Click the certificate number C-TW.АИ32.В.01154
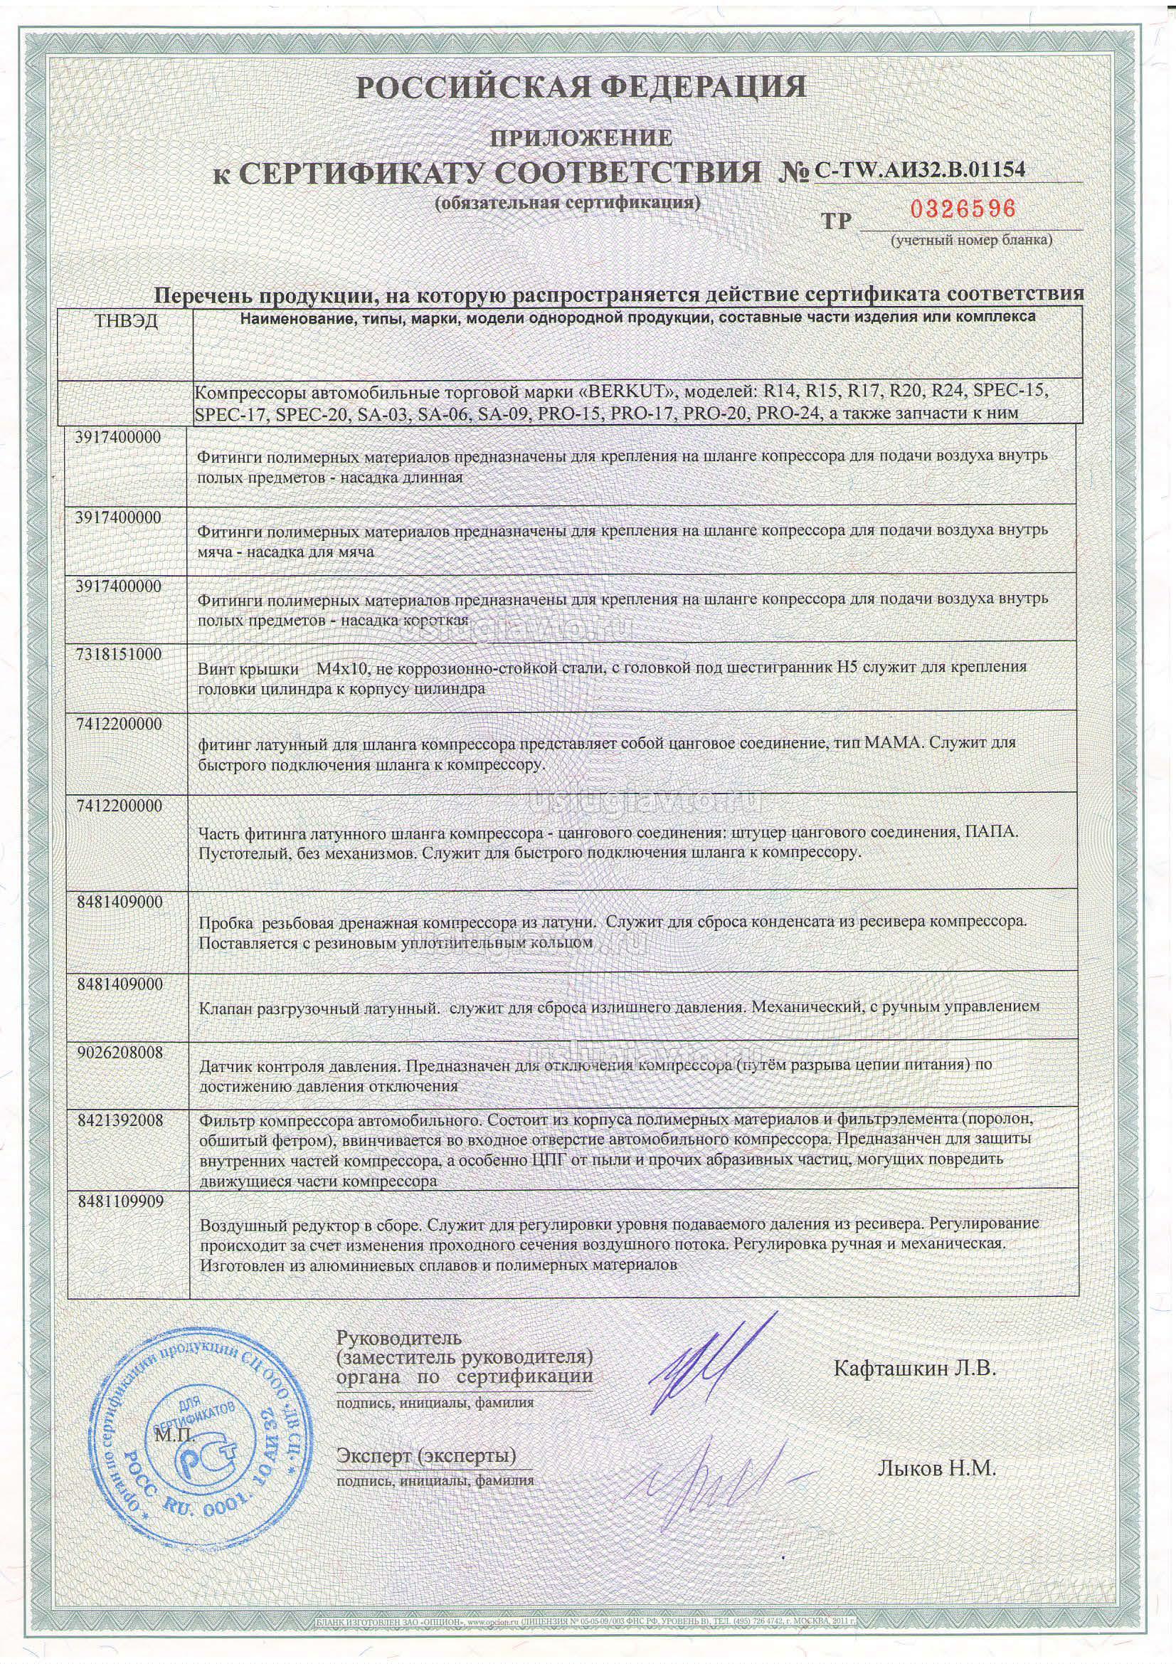coord(920,169)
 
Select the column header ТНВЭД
coord(126,321)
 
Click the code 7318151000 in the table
coord(119,653)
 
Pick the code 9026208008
coord(119,1052)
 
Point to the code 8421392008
coord(119,1120)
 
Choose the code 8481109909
coord(119,1201)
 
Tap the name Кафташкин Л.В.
coord(915,1369)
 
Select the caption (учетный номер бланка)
coord(972,240)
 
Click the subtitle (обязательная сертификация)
coord(567,203)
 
